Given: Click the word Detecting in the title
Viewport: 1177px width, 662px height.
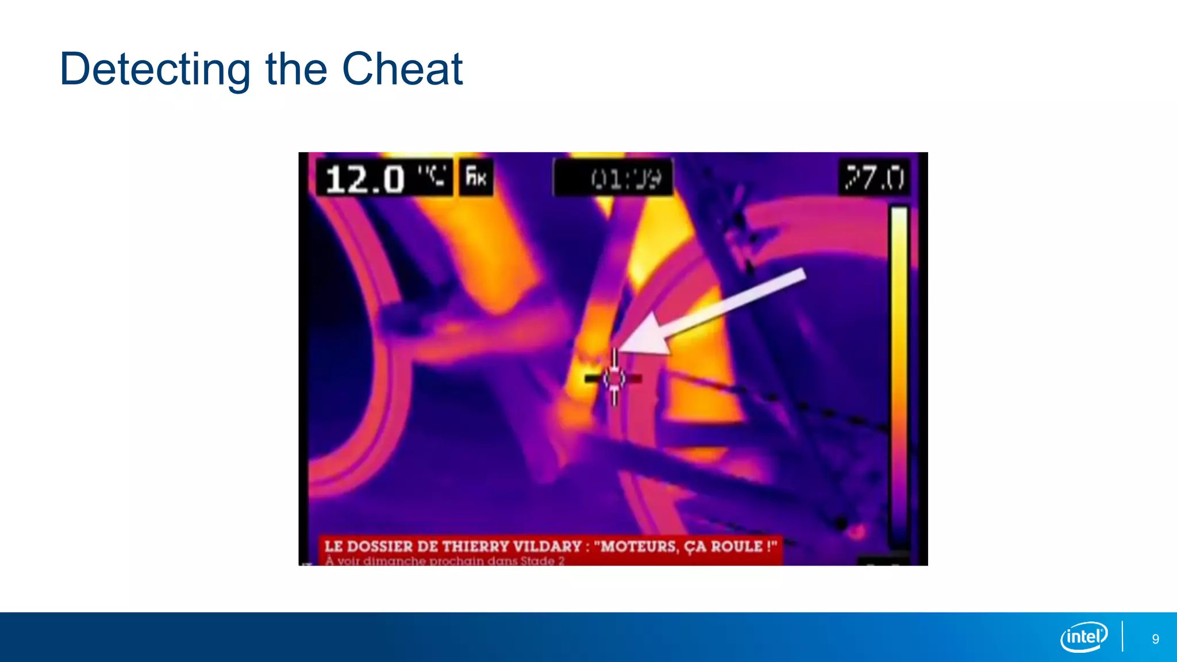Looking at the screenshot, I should point(155,70).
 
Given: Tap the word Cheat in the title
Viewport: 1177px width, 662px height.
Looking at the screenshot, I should point(402,70).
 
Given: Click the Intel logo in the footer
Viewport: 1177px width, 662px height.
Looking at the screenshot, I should point(1084,637).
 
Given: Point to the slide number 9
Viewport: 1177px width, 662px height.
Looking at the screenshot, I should point(1155,639).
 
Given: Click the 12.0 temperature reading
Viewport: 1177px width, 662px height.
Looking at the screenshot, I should point(366,178).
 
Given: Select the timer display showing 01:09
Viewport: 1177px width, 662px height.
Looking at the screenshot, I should point(625,179).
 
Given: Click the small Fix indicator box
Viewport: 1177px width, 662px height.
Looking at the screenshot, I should point(476,177).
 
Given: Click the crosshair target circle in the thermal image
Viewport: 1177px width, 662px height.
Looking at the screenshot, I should point(615,378).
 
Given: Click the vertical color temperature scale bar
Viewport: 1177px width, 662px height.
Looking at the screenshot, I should point(899,374).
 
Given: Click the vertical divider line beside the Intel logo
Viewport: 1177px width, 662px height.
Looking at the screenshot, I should point(1122,636).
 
